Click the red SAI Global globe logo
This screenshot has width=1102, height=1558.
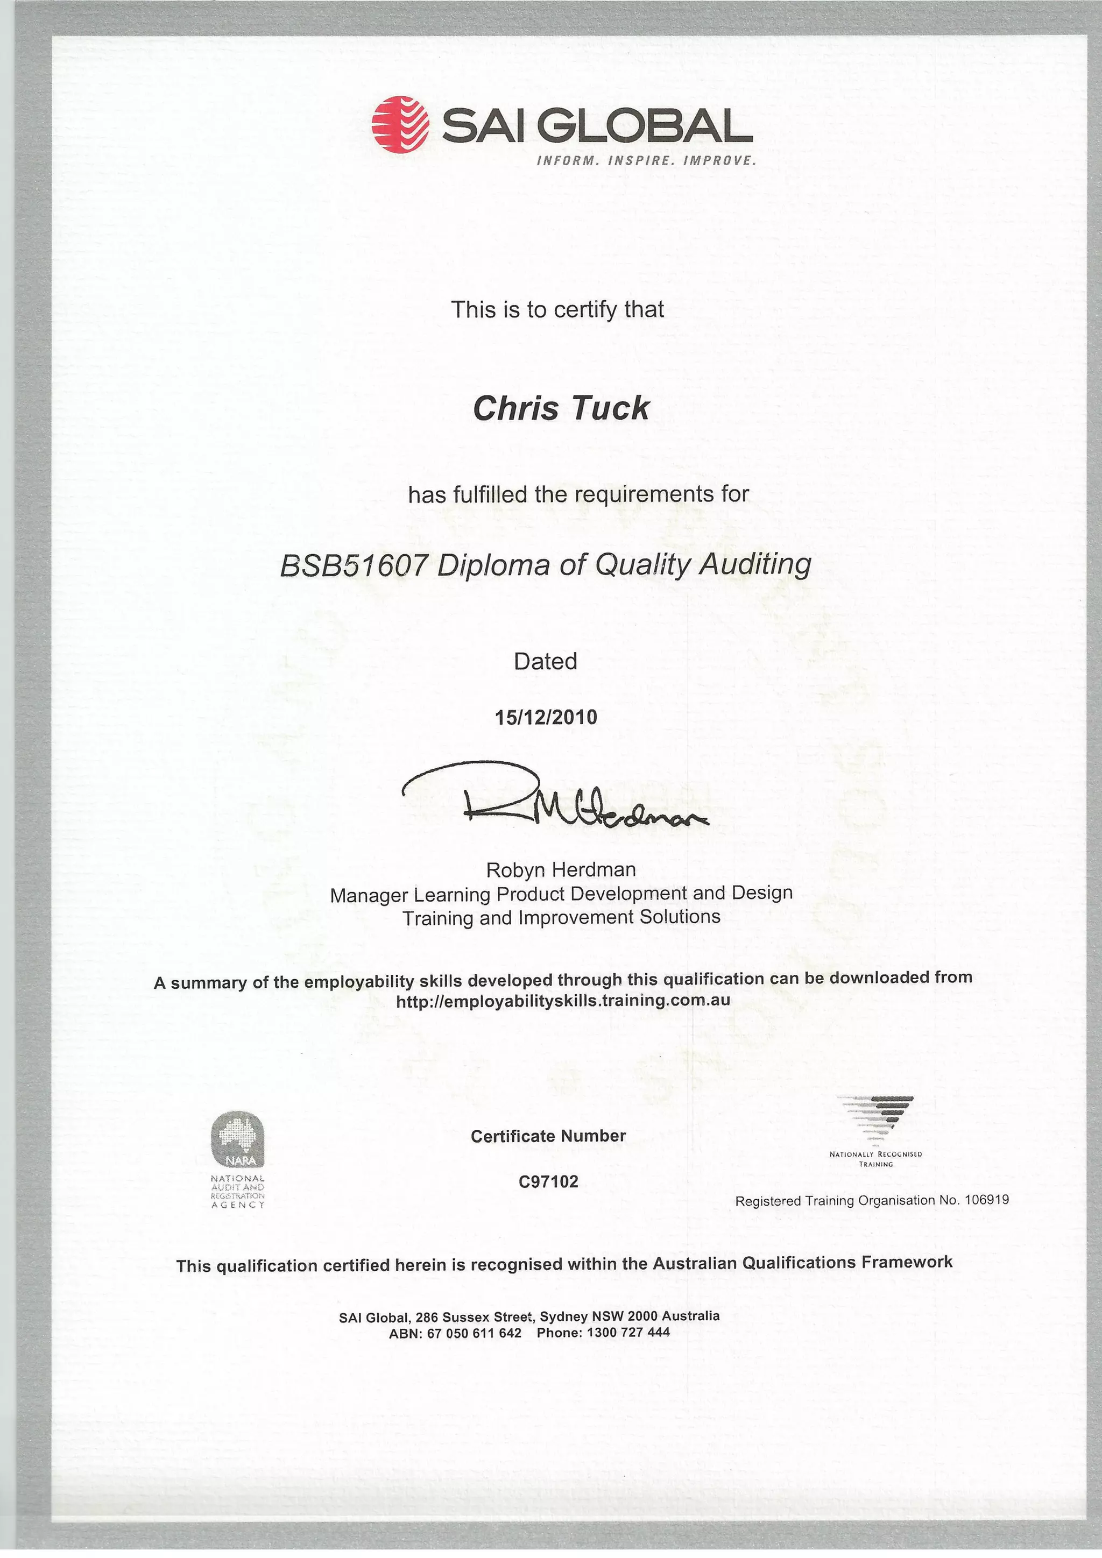tap(400, 124)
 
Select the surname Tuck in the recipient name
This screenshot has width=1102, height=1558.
tap(609, 408)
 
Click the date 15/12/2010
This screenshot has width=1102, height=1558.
tap(546, 717)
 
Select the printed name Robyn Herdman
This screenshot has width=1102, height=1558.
tap(561, 869)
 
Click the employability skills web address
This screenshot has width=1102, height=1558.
tap(563, 1000)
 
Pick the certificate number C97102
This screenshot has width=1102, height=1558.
tap(548, 1181)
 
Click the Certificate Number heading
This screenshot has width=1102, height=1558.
tap(548, 1136)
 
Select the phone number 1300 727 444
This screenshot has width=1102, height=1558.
tap(628, 1332)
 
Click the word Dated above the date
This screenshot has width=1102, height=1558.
tap(546, 661)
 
